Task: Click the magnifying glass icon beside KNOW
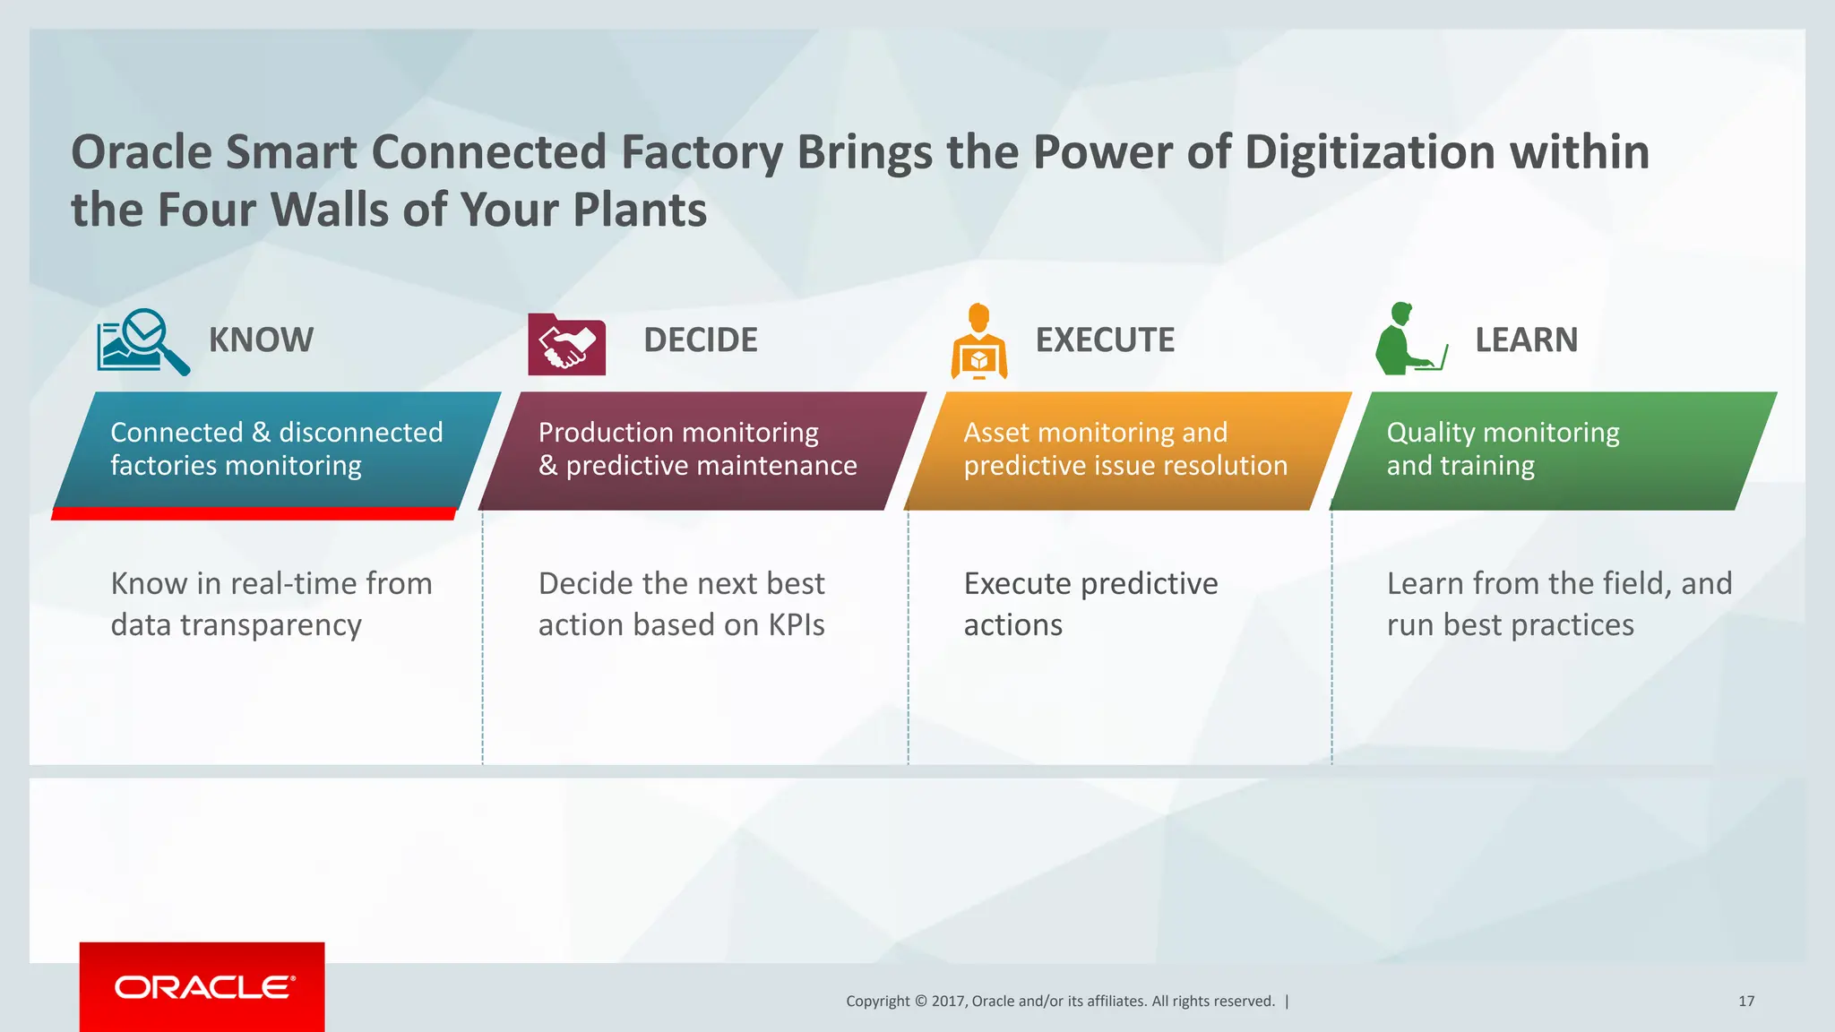click(x=143, y=341)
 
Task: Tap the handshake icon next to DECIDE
click(x=566, y=345)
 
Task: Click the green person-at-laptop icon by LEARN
click(x=1409, y=340)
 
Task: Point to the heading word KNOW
click(x=261, y=340)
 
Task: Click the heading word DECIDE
click(x=700, y=340)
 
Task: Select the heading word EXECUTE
click(x=1104, y=340)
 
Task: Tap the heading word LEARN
click(x=1526, y=340)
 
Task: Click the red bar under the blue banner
click(x=254, y=513)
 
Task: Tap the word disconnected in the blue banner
click(x=360, y=433)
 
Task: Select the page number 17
click(x=1745, y=1002)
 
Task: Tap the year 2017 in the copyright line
click(x=947, y=1002)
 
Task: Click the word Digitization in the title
click(x=1369, y=152)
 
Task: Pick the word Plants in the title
click(x=639, y=211)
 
